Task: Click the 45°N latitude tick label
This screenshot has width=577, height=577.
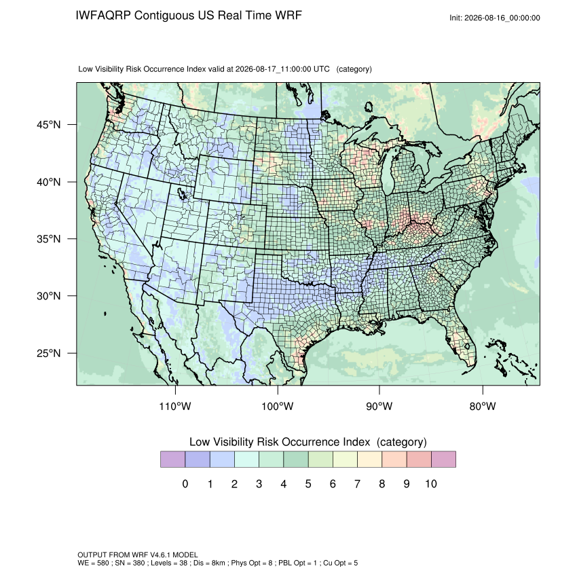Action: pyautogui.click(x=48, y=125)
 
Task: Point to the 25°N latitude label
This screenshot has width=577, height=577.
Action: pyautogui.click(x=48, y=353)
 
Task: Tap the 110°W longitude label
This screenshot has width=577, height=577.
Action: pyautogui.click(x=175, y=406)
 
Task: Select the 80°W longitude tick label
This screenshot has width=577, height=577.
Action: pyautogui.click(x=483, y=406)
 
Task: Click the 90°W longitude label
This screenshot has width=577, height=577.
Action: pyautogui.click(x=379, y=406)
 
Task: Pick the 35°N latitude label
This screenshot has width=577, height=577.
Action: pyautogui.click(x=48, y=239)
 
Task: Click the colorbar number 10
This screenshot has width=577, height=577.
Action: pyautogui.click(x=431, y=483)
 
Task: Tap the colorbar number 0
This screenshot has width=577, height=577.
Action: pyautogui.click(x=185, y=483)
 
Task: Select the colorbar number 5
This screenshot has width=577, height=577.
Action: pyautogui.click(x=308, y=483)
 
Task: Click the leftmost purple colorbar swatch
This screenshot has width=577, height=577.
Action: pyautogui.click(x=172, y=460)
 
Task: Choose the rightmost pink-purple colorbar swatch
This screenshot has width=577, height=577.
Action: pyautogui.click(x=443, y=460)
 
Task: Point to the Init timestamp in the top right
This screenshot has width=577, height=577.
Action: pyautogui.click(x=495, y=18)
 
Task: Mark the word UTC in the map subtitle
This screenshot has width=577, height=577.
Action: pyautogui.click(x=321, y=69)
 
